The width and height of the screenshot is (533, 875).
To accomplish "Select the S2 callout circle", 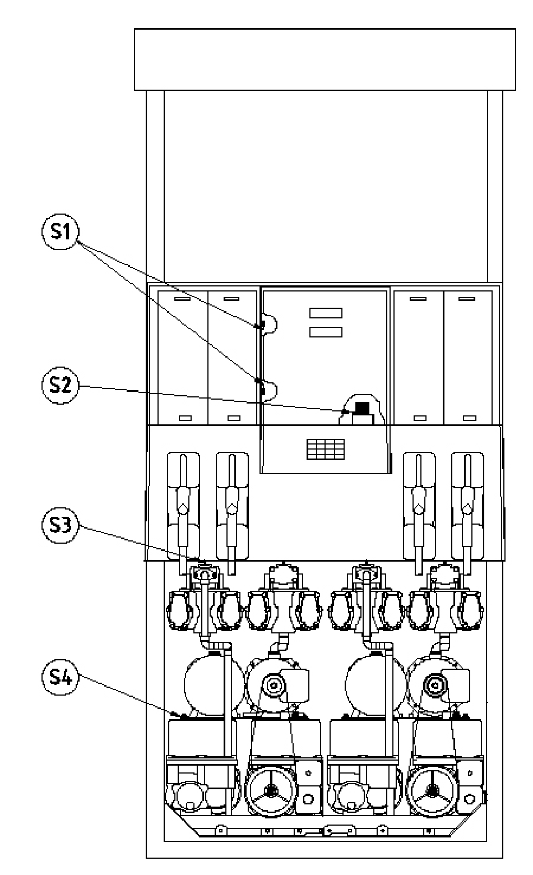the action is click(60, 385).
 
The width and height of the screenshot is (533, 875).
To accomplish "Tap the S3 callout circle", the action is click(60, 525).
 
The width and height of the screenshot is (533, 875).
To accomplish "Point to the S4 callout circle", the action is click(60, 677).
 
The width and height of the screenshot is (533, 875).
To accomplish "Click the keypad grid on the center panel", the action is click(326, 449).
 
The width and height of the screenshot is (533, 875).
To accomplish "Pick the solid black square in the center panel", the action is click(362, 408).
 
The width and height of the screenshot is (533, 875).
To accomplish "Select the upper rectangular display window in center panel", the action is click(326, 313).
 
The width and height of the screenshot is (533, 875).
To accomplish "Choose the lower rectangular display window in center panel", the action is click(326, 332).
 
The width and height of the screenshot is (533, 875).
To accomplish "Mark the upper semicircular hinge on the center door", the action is click(269, 324).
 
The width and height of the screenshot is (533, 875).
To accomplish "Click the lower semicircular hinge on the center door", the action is click(269, 391).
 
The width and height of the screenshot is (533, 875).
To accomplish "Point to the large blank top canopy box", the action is click(325, 59).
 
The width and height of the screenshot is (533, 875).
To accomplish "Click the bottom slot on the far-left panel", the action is click(185, 418).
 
